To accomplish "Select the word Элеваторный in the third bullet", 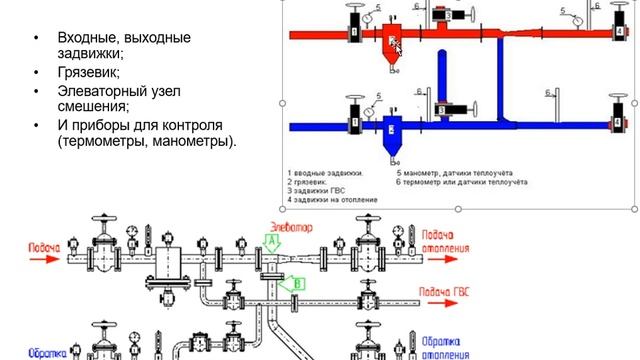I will (100, 91).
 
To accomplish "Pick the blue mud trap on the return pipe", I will (391, 132).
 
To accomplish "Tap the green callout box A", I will (271, 241).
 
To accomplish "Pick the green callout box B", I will (296, 284).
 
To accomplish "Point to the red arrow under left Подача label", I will (45, 257).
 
